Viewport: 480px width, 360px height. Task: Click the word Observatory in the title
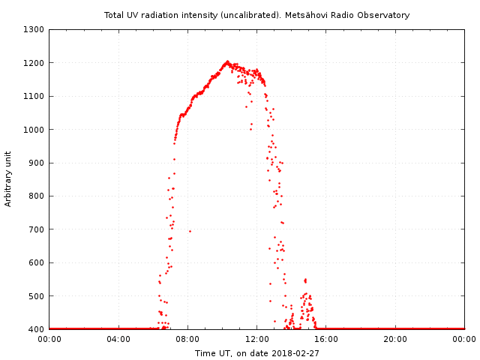coord(385,15)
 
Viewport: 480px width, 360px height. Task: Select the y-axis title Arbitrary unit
coord(8,179)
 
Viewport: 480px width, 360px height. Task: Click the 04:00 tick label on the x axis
coord(118,339)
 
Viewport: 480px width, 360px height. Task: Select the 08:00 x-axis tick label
coord(187,339)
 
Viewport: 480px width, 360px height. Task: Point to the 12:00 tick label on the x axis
coord(257,339)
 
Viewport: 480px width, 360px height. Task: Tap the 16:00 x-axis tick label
coord(326,339)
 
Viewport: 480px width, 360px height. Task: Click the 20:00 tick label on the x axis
coord(395,339)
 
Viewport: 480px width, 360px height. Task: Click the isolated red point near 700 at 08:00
coord(190,231)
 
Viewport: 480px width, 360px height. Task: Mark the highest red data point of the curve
coord(226,61)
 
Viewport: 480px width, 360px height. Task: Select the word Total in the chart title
coord(115,15)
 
